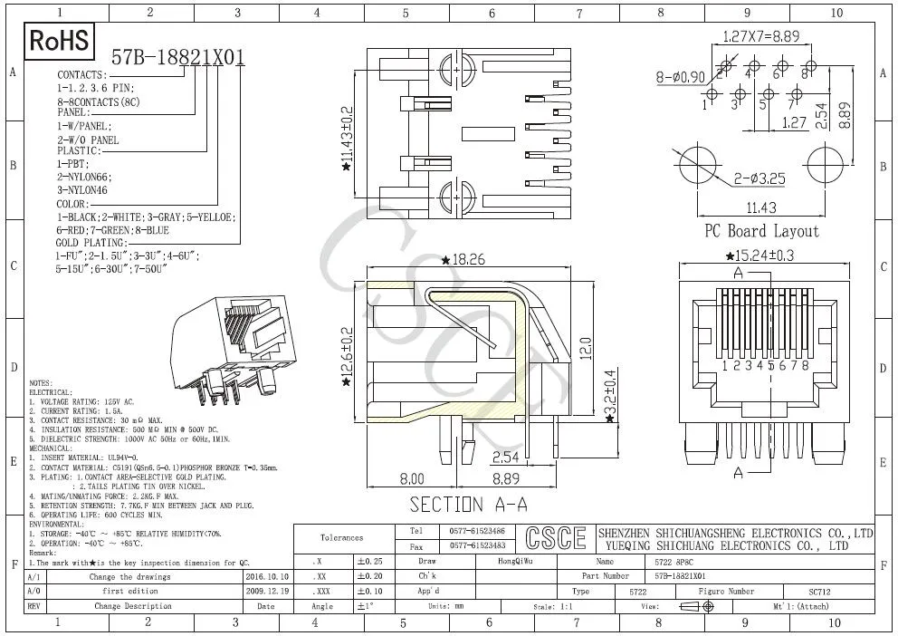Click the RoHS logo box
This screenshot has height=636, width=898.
pos(60,41)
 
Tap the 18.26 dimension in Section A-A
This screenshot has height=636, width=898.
pos(467,260)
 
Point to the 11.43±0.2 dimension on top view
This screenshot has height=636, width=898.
pos(346,135)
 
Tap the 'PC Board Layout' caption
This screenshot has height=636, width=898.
pos(761,231)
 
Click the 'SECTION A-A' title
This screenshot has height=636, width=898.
pos(468,504)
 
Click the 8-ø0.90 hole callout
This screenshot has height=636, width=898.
pos(680,77)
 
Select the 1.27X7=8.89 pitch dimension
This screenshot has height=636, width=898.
pos(760,37)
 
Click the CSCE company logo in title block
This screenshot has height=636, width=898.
pos(556,538)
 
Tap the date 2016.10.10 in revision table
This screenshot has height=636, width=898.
pos(267,575)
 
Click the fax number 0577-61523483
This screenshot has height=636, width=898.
pos(477,545)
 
